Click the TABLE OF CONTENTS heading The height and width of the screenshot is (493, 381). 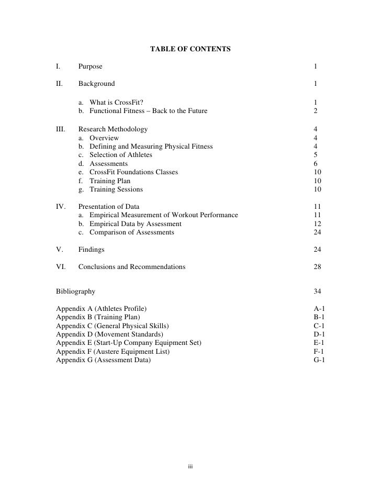click(x=190, y=49)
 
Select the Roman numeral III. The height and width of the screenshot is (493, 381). click(x=60, y=129)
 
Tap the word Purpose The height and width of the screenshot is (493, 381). click(x=91, y=66)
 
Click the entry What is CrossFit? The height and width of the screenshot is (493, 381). click(x=116, y=103)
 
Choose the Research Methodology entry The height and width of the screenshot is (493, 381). click(x=113, y=129)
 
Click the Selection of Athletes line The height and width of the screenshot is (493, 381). click(x=121, y=155)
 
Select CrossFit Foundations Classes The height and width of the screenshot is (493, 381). click(x=133, y=172)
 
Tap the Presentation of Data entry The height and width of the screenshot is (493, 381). click(x=109, y=207)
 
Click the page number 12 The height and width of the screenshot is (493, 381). click(x=317, y=224)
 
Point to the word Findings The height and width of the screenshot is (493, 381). click(x=92, y=250)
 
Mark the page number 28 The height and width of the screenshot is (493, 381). click(x=317, y=267)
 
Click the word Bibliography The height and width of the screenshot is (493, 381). click(x=75, y=292)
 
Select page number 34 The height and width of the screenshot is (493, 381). click(x=317, y=292)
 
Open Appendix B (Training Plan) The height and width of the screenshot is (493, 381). click(x=98, y=317)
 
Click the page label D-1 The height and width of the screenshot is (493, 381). click(x=319, y=334)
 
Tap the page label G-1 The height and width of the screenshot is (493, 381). click(x=319, y=360)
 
